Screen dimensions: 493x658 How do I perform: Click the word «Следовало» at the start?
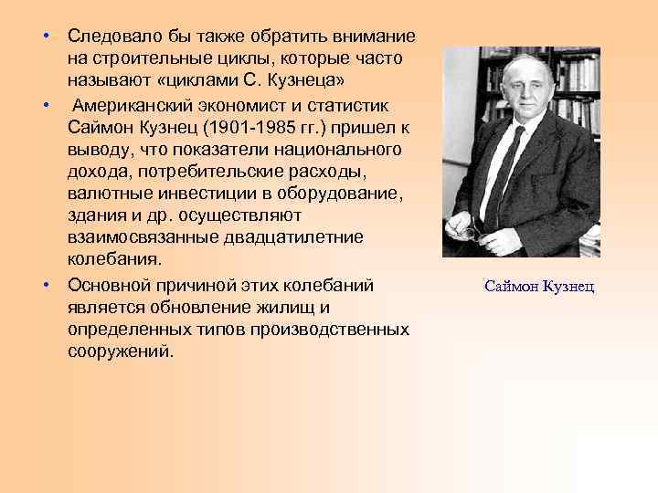(111, 37)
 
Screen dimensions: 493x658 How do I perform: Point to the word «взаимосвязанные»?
(137, 237)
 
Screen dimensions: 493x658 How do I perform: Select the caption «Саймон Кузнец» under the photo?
(538, 287)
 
